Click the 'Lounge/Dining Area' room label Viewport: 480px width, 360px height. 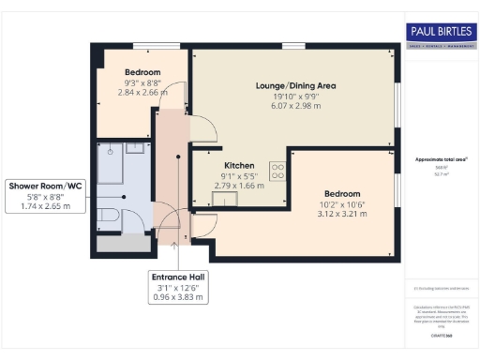pyautogui.click(x=295, y=86)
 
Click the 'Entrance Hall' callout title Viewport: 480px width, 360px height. pyautogui.click(x=178, y=277)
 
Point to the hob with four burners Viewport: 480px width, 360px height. pyautogui.click(x=278, y=171)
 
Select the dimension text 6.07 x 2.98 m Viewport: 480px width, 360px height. pyautogui.click(x=295, y=107)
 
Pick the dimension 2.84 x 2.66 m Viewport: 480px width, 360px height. pyautogui.click(x=142, y=93)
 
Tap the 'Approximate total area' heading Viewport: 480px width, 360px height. pyautogui.click(x=441, y=159)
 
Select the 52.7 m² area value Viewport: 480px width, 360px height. pyautogui.click(x=441, y=174)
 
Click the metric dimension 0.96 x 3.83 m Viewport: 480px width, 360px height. pyautogui.click(x=178, y=297)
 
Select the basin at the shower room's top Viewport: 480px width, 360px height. pyautogui.click(x=135, y=147)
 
